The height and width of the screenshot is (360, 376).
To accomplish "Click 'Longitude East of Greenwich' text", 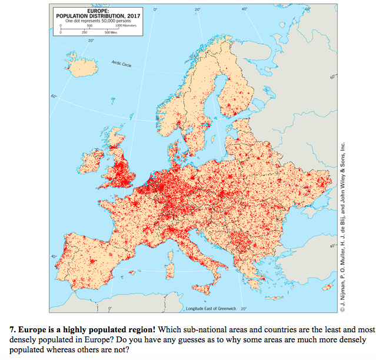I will coord(210,308).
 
